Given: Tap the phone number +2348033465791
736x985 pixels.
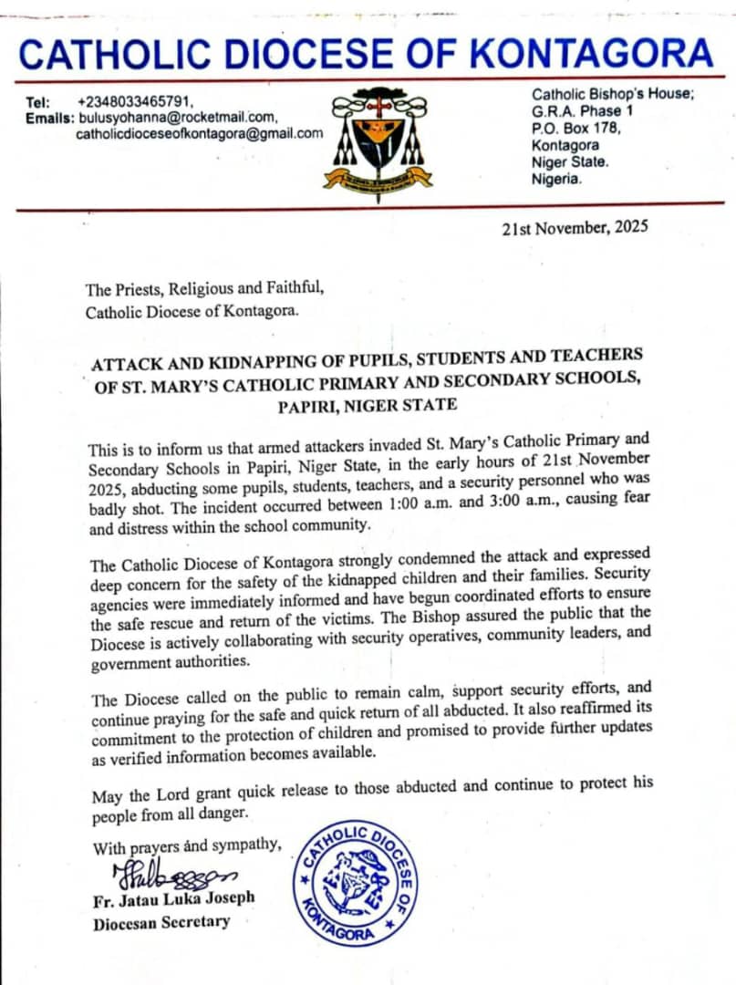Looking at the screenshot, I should (135, 102).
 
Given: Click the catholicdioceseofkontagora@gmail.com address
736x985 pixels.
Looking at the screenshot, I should (199, 133).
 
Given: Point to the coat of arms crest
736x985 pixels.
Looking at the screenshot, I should (378, 138).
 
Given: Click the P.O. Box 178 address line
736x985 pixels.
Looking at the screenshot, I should (576, 128).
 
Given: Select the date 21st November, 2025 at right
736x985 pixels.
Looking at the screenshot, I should (575, 227).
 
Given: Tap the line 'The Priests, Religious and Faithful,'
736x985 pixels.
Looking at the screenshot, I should (204, 290).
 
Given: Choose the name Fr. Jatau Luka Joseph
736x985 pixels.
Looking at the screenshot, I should (173, 898).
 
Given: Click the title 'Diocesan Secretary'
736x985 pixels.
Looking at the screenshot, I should (161, 922).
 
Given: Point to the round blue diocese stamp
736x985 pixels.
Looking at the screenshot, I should (355, 884).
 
